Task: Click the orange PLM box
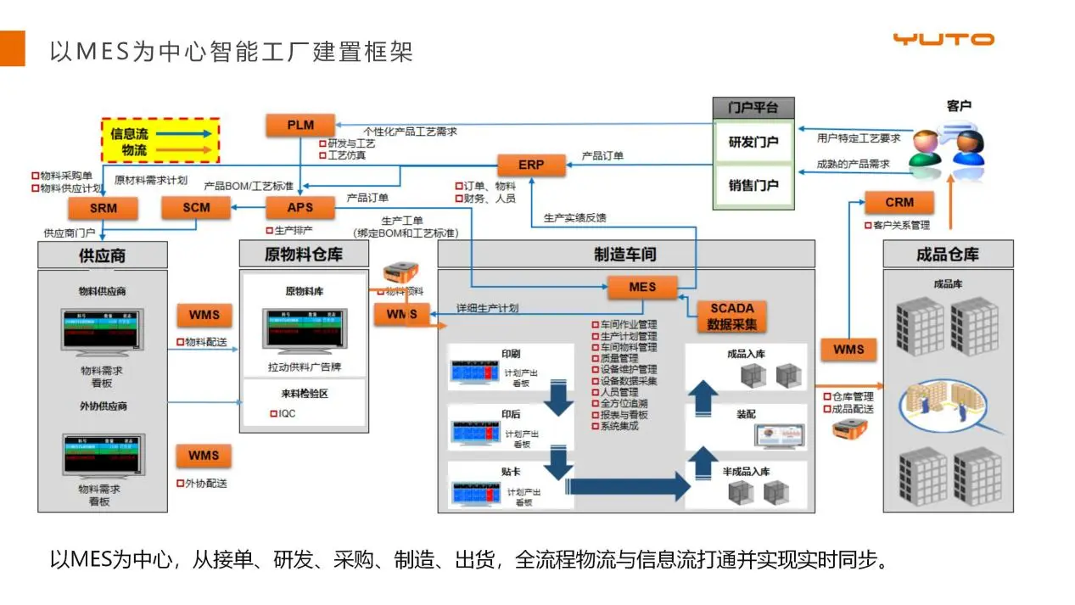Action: (300, 126)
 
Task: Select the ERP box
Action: (531, 165)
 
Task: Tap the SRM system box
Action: (103, 208)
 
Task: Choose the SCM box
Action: (196, 207)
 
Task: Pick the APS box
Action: (300, 207)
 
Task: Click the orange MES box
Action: (642, 288)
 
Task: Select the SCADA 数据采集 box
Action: (732, 317)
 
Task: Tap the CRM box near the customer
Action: (899, 203)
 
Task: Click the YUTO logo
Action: (943, 39)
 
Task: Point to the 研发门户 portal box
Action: (753, 142)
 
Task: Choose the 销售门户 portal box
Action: (753, 185)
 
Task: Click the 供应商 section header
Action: (102, 255)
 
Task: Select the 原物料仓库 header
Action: (304, 255)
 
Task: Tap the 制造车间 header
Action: (625, 255)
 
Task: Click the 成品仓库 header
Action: (948, 255)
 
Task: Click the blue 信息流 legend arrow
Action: (182, 134)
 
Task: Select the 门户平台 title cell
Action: (753, 108)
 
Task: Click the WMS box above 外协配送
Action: (204, 456)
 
